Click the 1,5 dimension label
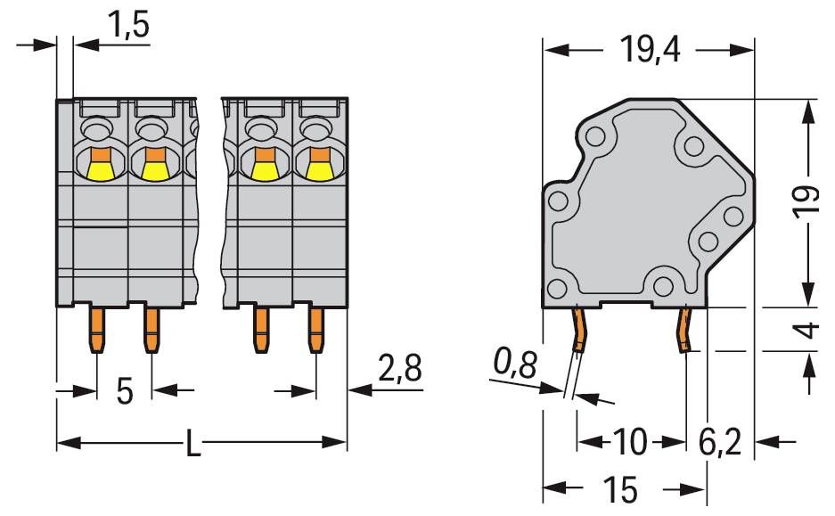(128, 25)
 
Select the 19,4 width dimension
(650, 50)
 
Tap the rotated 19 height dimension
(806, 201)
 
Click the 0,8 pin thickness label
(515, 363)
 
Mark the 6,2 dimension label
(720, 441)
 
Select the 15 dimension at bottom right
(620, 488)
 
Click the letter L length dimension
(193, 443)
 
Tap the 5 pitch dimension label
(124, 391)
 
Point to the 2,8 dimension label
(400, 367)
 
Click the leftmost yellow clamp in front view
(101, 171)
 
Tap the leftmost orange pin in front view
(97, 330)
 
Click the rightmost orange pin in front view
(316, 330)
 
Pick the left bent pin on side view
(579, 330)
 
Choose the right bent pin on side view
(684, 330)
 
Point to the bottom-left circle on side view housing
(557, 289)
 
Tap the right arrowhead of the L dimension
(335, 442)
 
